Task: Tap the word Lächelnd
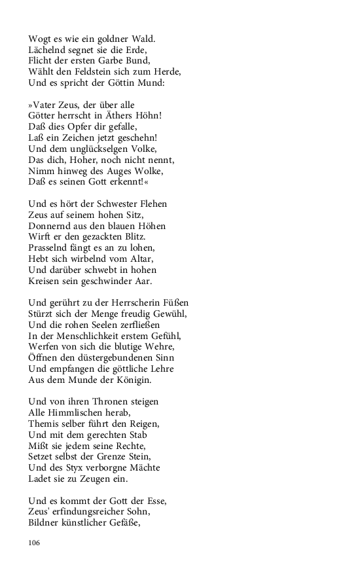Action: [x=47, y=50]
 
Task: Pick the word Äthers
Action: [x=122, y=116]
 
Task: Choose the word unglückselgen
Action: [x=96, y=149]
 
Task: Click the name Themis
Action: [x=44, y=423]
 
